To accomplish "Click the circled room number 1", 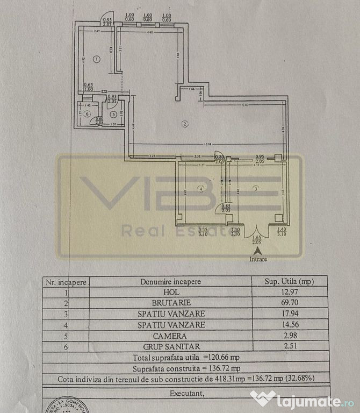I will click(94, 59).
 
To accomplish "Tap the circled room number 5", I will click(113, 113).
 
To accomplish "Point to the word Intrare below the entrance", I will click(258, 259).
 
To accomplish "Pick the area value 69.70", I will click(289, 302).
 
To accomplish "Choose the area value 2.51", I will click(289, 345).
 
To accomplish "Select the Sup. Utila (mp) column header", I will click(289, 281).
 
